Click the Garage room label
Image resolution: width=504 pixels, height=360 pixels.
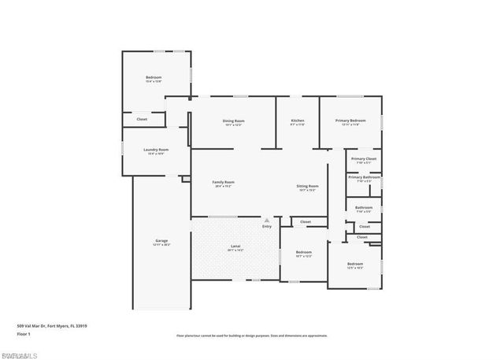161,240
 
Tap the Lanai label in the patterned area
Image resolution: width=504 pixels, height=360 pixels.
235,247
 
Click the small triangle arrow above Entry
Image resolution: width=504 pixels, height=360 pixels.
267,220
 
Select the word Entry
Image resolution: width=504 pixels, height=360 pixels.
267,227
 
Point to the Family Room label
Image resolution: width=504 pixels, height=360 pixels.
224,183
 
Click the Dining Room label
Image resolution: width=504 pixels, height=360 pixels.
233,121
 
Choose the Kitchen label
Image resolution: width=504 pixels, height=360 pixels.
297,121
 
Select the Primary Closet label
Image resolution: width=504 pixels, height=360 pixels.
363,159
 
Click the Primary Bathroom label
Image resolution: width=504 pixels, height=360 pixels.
364,177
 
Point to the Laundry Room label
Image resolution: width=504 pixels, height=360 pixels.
156,150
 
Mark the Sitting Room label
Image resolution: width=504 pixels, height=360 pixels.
307,186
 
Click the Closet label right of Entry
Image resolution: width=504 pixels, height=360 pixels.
306,222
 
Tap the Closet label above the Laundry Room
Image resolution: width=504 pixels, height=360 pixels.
142,119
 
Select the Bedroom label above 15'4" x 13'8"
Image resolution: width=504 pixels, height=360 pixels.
154,77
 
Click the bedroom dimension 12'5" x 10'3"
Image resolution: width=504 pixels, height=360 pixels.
355,268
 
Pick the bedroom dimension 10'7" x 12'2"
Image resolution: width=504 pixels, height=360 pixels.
304,256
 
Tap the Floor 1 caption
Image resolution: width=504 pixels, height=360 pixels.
25,334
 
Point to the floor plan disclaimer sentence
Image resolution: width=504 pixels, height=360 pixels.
251,336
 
